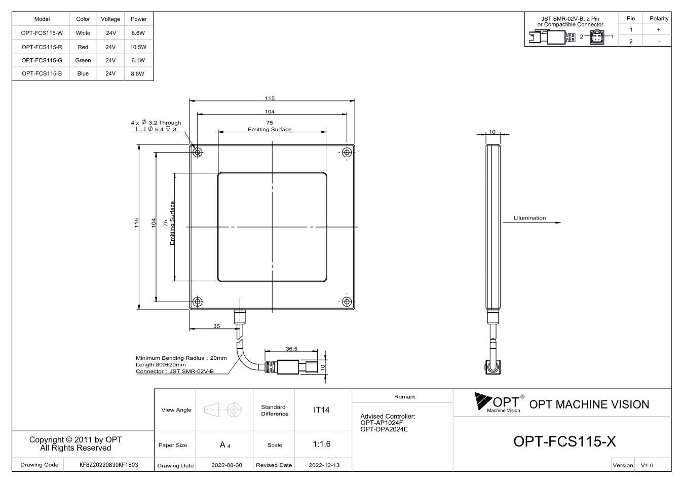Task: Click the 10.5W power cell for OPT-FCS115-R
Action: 138,47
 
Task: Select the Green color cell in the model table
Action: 83,60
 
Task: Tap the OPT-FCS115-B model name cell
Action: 42,73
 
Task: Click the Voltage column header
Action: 110,19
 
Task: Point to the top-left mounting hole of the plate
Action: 198,152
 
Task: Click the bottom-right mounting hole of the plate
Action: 347,302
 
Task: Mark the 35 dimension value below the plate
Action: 216,326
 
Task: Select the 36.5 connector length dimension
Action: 291,349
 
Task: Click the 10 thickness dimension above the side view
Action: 492,132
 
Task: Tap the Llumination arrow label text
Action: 529,218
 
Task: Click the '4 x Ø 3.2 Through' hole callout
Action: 156,123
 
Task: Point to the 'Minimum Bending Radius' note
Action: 181,358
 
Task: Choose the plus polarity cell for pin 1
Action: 659,29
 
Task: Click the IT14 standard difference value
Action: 321,410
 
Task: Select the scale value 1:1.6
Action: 322,444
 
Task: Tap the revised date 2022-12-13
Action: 324,465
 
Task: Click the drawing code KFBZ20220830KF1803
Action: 108,465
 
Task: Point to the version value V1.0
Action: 647,465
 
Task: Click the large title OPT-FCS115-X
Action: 565,441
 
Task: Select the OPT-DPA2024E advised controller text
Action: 384,429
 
